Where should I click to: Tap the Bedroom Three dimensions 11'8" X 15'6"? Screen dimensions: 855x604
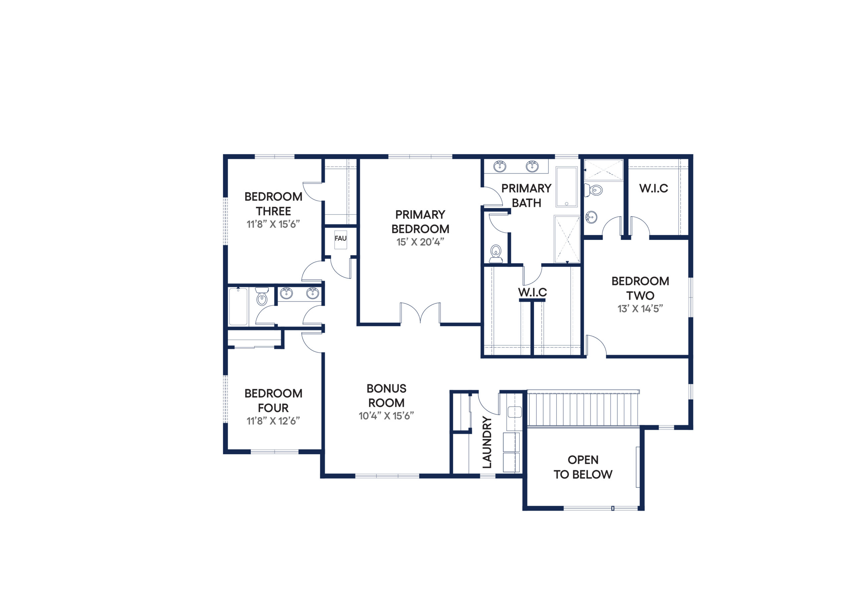(x=273, y=224)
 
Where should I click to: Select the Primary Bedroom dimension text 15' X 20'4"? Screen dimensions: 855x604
(x=420, y=242)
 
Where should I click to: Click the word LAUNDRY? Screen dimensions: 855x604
(x=487, y=442)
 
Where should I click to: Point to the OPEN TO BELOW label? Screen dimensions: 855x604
(x=583, y=467)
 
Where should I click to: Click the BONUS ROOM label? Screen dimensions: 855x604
(x=386, y=395)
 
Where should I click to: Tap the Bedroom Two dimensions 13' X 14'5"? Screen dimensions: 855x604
(x=640, y=309)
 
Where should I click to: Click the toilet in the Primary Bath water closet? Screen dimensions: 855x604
(x=496, y=254)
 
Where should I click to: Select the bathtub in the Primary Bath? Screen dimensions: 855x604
(x=566, y=187)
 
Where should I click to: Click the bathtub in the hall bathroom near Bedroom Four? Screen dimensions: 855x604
(x=238, y=307)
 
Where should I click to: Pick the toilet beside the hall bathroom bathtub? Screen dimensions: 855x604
(x=262, y=296)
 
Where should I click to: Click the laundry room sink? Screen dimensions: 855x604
(x=515, y=412)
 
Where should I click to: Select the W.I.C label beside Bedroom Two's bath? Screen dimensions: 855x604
(x=654, y=188)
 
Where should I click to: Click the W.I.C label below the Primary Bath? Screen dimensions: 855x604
(x=532, y=292)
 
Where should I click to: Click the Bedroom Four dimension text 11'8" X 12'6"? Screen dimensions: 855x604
(x=273, y=421)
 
